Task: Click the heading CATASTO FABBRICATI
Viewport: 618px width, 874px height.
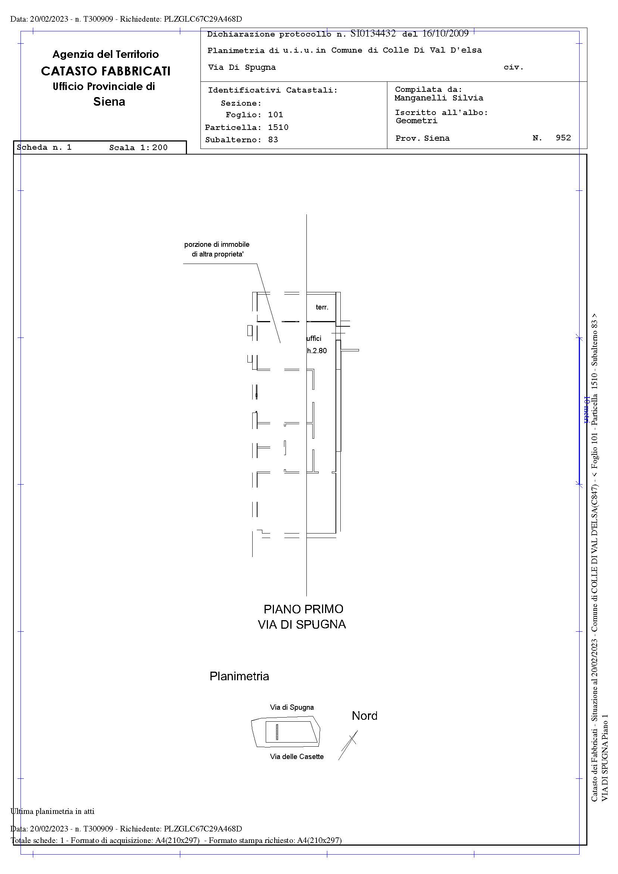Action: (x=105, y=71)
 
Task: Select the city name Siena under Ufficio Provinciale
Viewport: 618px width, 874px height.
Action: (x=109, y=102)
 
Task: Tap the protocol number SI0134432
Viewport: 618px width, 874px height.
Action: (x=372, y=34)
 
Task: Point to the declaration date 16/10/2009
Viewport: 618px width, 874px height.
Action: (x=445, y=34)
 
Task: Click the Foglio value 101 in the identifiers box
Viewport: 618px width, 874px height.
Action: (x=275, y=115)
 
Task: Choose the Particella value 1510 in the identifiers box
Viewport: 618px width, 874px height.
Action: (x=278, y=128)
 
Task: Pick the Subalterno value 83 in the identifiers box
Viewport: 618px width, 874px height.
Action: (x=273, y=140)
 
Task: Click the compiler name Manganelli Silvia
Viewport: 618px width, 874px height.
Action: (x=439, y=98)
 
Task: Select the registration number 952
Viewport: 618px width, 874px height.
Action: (x=563, y=138)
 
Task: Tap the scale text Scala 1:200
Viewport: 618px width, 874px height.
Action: (x=138, y=148)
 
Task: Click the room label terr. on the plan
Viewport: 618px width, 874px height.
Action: (x=322, y=307)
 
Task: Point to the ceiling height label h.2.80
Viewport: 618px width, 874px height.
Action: (x=317, y=351)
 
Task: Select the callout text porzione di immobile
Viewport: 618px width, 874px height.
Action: (x=217, y=245)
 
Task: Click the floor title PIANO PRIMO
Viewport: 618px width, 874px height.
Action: (x=303, y=609)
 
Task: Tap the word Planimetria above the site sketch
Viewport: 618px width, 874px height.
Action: (x=239, y=676)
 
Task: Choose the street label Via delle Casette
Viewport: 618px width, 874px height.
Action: (x=297, y=756)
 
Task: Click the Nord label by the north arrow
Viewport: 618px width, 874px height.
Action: (x=365, y=716)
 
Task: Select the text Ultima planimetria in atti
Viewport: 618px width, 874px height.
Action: (x=53, y=811)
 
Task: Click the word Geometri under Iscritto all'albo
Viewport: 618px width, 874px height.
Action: (x=417, y=121)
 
